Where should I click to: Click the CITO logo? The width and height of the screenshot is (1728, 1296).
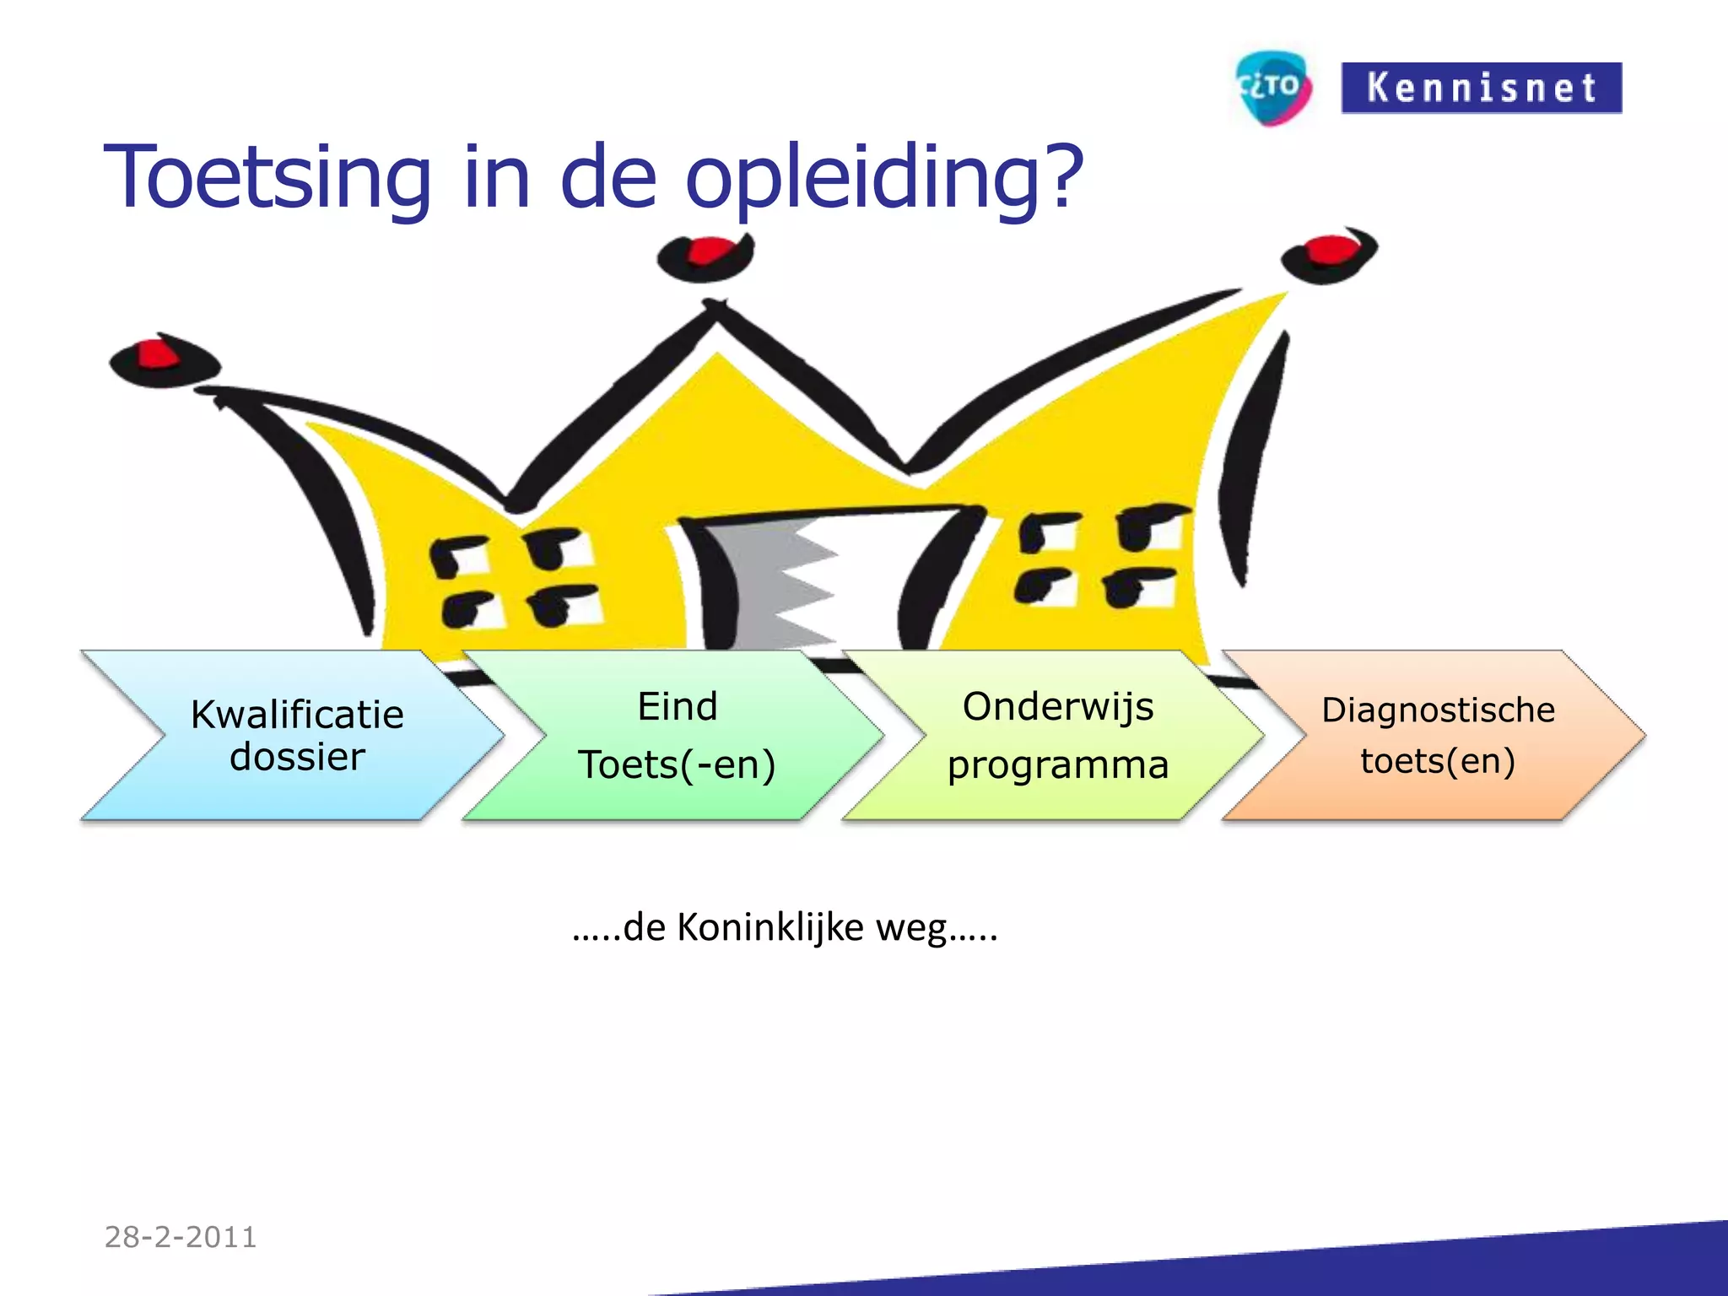(1272, 88)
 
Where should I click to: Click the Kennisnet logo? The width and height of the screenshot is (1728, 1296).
(1481, 88)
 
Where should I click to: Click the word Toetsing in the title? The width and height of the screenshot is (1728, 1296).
(267, 178)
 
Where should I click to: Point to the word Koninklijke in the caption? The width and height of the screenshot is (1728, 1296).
(769, 928)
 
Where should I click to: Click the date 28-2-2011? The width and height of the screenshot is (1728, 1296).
(181, 1237)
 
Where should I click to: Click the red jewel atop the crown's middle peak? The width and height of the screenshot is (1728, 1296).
(709, 251)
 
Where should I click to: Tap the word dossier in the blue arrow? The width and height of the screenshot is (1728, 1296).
(297, 757)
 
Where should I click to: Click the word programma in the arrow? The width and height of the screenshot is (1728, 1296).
(1057, 765)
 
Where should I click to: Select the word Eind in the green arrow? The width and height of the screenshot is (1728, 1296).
(677, 706)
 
